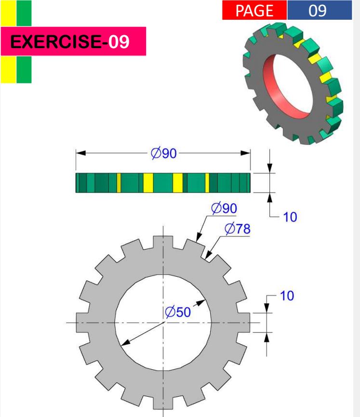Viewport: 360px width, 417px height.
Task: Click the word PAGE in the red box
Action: pos(254,11)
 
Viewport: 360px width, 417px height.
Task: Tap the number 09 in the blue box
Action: pos(318,11)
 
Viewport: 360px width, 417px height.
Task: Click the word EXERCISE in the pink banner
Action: pos(55,41)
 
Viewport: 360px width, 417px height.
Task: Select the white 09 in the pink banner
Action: pos(119,41)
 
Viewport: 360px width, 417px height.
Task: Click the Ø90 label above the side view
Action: pos(164,154)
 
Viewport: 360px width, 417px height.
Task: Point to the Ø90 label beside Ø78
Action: pos(224,208)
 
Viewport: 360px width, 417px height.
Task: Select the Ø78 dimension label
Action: pos(237,229)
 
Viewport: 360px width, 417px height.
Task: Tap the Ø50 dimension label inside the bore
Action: pos(178,312)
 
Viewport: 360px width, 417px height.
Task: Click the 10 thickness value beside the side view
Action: pos(290,217)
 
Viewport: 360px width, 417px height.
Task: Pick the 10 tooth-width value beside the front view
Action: pos(287,296)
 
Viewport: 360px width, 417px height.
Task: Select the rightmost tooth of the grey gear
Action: pos(243,323)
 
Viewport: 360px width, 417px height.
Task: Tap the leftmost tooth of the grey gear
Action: pos(82,323)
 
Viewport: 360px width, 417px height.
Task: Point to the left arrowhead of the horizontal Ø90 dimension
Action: pos(81,153)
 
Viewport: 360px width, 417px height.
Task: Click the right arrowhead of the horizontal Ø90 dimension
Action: pos(245,153)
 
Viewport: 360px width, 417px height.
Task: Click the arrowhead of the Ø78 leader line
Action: pos(209,255)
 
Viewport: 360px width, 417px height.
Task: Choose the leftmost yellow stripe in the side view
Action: pos(119,182)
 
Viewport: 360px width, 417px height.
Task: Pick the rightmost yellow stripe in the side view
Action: pos(207,182)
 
